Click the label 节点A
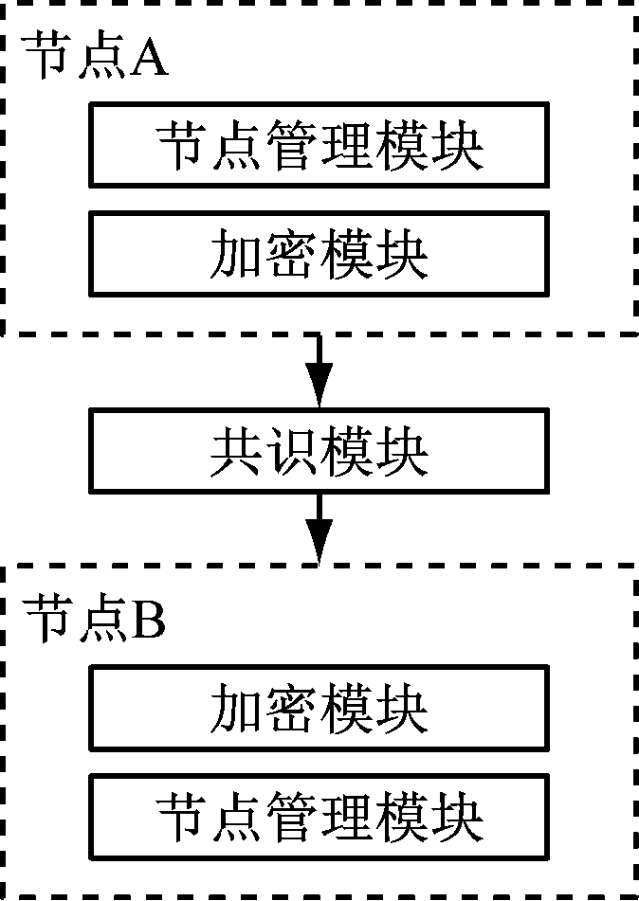pyautogui.click(x=96, y=59)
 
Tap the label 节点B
pyautogui.click(x=96, y=620)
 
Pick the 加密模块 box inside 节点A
pyautogui.click(x=319, y=253)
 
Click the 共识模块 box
pyautogui.click(x=319, y=452)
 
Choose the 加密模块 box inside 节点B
pyautogui.click(x=319, y=708)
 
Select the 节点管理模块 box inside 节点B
pyautogui.click(x=319, y=816)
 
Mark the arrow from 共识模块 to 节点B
pyautogui.click(x=319, y=531)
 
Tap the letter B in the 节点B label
pyautogui.click(x=149, y=620)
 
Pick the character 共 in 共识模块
pyautogui.click(x=236, y=453)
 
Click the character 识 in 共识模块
pyautogui.click(x=291, y=453)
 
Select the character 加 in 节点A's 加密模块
pyautogui.click(x=236, y=254)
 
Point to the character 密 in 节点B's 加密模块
pyautogui.click(x=291, y=709)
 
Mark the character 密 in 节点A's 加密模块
pyautogui.click(x=291, y=254)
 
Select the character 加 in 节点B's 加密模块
pyautogui.click(x=236, y=709)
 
